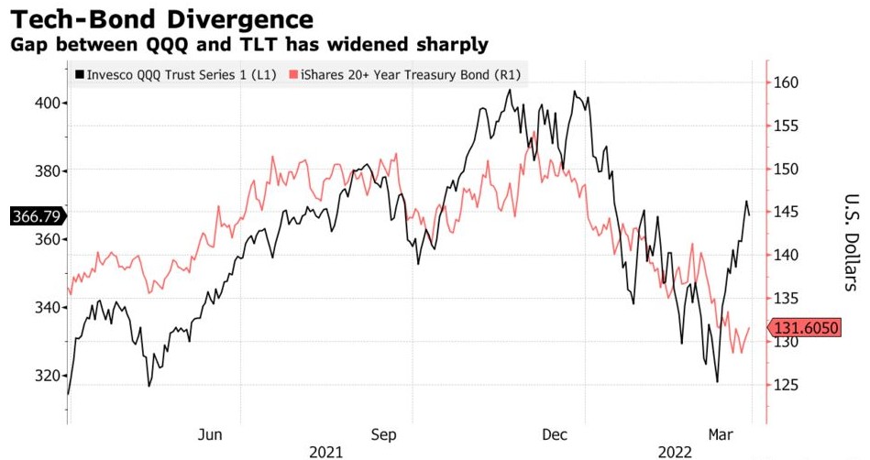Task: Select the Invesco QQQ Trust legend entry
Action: pos(175,74)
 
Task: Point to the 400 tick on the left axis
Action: pos(50,103)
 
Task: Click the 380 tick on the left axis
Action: pos(50,171)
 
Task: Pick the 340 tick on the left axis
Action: pos(50,307)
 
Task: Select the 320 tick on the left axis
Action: pos(50,376)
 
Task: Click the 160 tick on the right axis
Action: pos(787,82)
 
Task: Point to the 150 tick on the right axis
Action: pos(787,170)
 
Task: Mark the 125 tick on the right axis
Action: pos(787,385)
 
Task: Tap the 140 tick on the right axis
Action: pos(787,256)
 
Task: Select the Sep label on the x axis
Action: pos(383,433)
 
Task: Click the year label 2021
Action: pos(327,451)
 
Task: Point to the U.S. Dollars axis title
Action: pos(850,243)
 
